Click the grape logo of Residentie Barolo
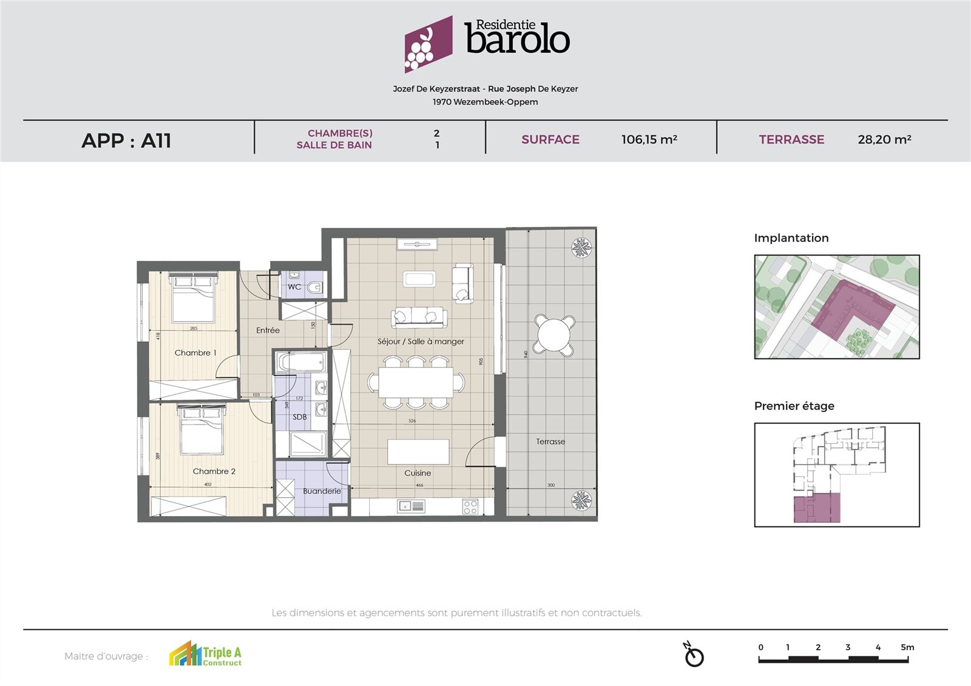[x=428, y=44]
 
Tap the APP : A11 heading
[x=126, y=140]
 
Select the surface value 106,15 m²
[x=649, y=140]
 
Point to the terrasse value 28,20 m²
[x=884, y=140]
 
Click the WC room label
[x=294, y=287]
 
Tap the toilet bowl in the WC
[x=315, y=288]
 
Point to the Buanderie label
[x=322, y=491]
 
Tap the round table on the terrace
[x=554, y=335]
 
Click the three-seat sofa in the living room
[x=419, y=316]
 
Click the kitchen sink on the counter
[x=411, y=505]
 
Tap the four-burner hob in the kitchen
[x=470, y=506]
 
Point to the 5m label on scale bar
[x=907, y=647]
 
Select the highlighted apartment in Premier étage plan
[x=816, y=508]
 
